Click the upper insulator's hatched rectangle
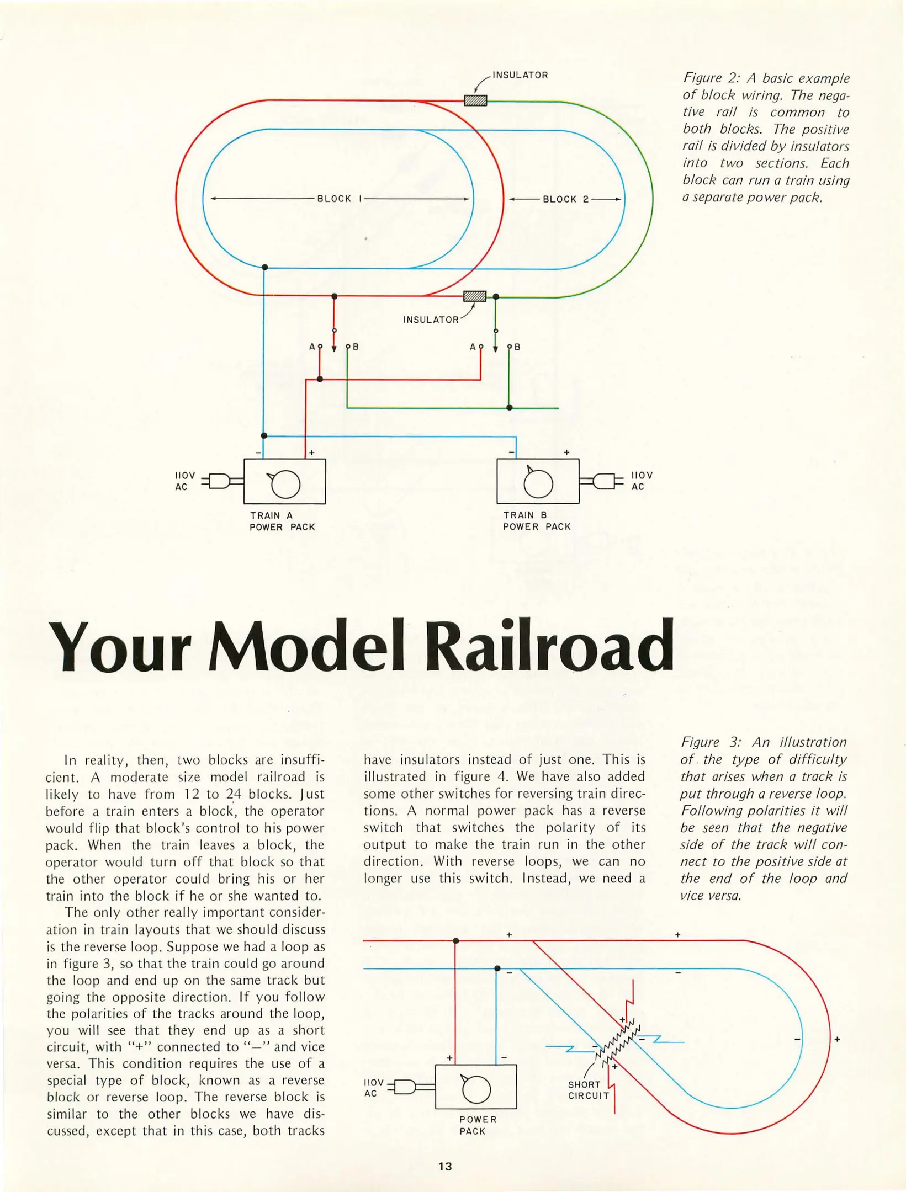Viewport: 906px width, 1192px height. (x=475, y=100)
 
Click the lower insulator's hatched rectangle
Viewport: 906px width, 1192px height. (x=475, y=296)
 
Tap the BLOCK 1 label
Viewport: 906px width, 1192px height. (x=339, y=199)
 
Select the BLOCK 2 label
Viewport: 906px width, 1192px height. (x=566, y=199)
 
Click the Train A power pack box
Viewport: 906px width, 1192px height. (x=284, y=481)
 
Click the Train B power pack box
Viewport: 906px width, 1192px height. (x=538, y=481)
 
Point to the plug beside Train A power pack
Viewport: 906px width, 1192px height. (x=219, y=481)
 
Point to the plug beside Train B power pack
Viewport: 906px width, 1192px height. (x=604, y=481)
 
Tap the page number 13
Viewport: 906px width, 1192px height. (x=445, y=1166)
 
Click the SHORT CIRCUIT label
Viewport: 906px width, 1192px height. (x=589, y=1090)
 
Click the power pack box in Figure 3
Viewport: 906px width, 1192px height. (x=476, y=1087)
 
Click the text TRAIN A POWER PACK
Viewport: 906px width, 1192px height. (x=282, y=521)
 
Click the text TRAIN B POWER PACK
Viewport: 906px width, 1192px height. (x=537, y=520)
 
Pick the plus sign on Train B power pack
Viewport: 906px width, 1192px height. (x=566, y=453)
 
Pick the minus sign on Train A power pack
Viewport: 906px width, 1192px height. (x=258, y=453)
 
